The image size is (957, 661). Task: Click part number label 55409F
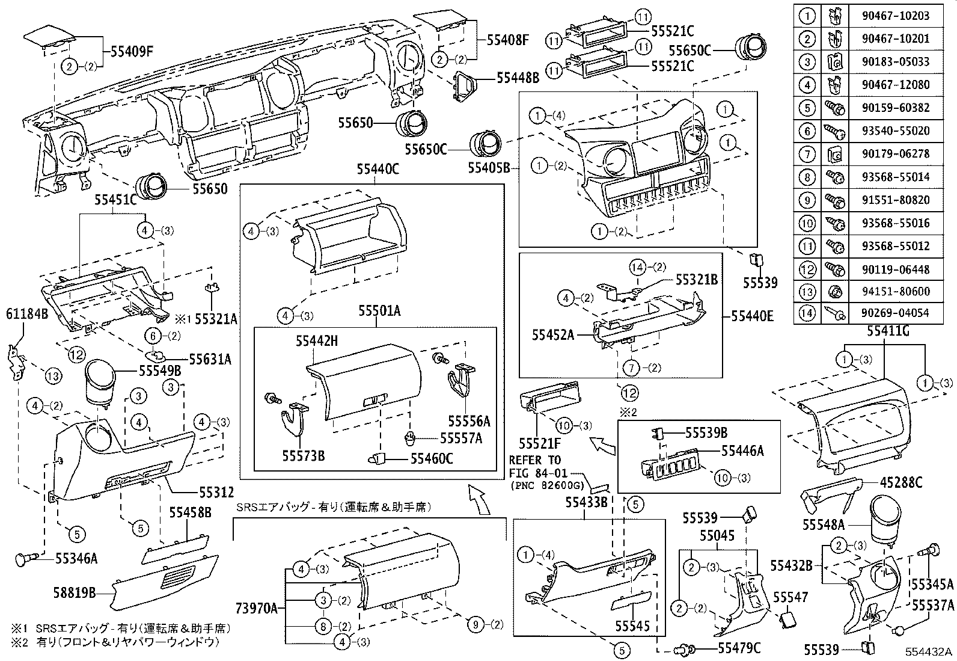point(132,52)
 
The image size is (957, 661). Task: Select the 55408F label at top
point(507,41)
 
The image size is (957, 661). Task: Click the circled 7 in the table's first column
point(807,154)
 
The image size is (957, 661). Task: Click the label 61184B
point(27,313)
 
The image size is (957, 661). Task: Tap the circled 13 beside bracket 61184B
point(53,377)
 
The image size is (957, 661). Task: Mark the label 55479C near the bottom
point(739,648)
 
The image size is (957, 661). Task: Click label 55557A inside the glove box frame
point(461,438)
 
